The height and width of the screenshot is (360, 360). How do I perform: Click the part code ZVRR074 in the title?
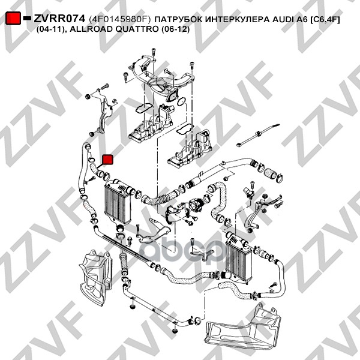coord(59,19)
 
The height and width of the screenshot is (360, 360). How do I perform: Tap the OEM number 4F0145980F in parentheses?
coord(119,19)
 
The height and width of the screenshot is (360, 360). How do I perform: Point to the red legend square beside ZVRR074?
coord(13,19)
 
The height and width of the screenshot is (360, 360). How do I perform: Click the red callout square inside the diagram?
coord(107,160)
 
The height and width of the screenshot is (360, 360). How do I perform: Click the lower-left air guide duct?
coord(96,277)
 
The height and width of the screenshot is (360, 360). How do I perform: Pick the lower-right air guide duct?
coord(244,326)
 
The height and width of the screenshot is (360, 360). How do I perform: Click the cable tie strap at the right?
coord(258,135)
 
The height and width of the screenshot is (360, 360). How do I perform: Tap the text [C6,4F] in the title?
coord(325,20)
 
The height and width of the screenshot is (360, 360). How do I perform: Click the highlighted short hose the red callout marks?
coord(95,168)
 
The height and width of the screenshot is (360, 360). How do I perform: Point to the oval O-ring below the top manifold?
coord(182,101)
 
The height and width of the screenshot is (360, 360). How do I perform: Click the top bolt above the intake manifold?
coord(154,52)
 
